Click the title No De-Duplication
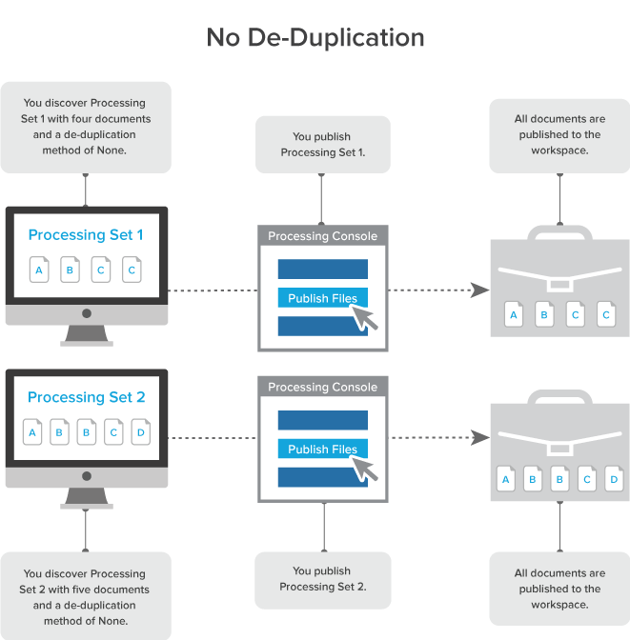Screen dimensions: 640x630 pos(315,38)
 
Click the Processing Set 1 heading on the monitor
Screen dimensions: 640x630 pos(86,234)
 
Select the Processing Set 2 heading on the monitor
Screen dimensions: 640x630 pos(86,397)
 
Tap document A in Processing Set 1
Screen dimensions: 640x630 pos(39,270)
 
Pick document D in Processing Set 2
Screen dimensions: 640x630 pos(141,433)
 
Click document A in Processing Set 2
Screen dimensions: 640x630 pos(32,433)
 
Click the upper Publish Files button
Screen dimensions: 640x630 pos(322,298)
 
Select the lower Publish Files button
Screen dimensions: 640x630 pos(322,450)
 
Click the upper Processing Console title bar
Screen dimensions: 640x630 pos(322,236)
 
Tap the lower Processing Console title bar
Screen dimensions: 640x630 pos(322,387)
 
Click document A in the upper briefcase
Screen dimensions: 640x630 pos(514,314)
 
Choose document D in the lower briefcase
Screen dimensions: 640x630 pos(614,479)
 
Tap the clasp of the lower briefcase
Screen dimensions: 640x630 pos(559,446)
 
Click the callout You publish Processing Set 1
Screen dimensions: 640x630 pos(322,144)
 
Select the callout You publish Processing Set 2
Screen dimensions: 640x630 pos(322,579)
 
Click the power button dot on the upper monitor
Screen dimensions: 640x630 pos(86,313)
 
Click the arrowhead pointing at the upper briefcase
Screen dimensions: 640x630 pos(479,290)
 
